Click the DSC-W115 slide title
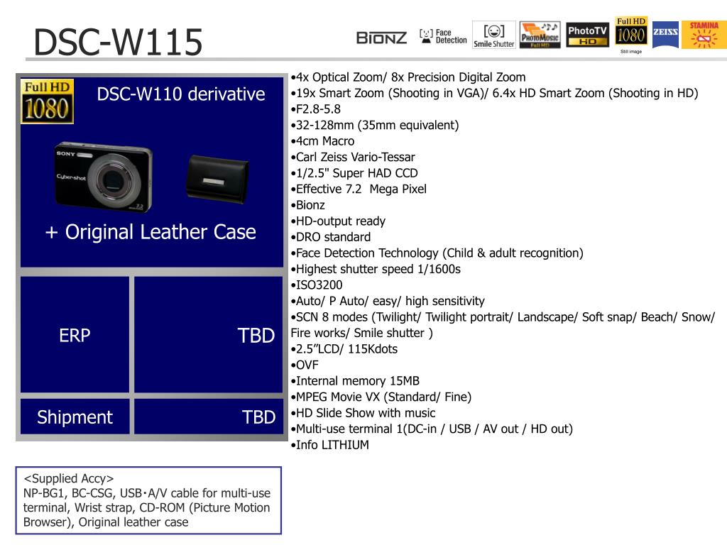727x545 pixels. (x=119, y=42)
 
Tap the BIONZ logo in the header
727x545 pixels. (x=381, y=38)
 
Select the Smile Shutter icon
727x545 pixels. (x=494, y=35)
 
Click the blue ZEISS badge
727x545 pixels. (x=665, y=35)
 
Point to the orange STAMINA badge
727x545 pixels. (x=704, y=35)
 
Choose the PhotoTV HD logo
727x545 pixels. (x=587, y=35)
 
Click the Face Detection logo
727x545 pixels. (x=443, y=36)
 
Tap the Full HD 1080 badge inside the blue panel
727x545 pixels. (x=48, y=101)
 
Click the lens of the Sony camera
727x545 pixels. (x=112, y=179)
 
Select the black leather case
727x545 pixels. (x=217, y=180)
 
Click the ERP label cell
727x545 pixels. (x=75, y=335)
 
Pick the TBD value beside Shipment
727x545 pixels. (x=258, y=417)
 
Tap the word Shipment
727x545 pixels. (x=75, y=417)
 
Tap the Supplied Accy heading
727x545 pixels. (x=69, y=478)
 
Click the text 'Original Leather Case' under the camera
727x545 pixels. (x=160, y=232)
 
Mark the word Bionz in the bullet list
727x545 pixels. (x=310, y=205)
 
